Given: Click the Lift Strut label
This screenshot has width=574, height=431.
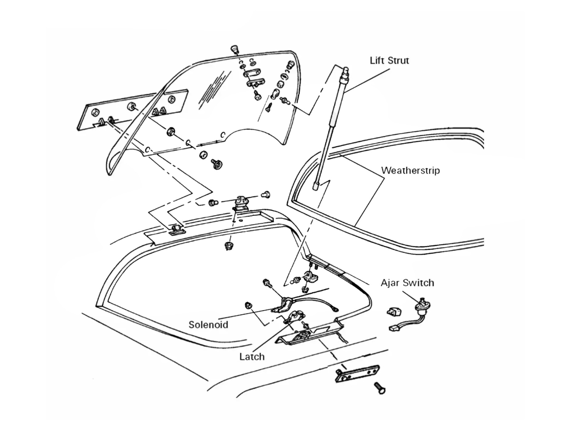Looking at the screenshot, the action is [x=389, y=60].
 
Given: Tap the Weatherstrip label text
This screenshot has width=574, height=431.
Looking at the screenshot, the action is [x=410, y=170].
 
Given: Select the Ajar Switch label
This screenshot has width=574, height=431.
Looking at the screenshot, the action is [x=407, y=283].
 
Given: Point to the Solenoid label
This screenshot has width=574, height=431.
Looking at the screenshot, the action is [x=208, y=324].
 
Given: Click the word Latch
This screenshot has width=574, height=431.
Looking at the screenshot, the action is [x=252, y=356].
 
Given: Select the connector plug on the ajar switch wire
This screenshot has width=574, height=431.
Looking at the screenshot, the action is [x=394, y=328].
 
